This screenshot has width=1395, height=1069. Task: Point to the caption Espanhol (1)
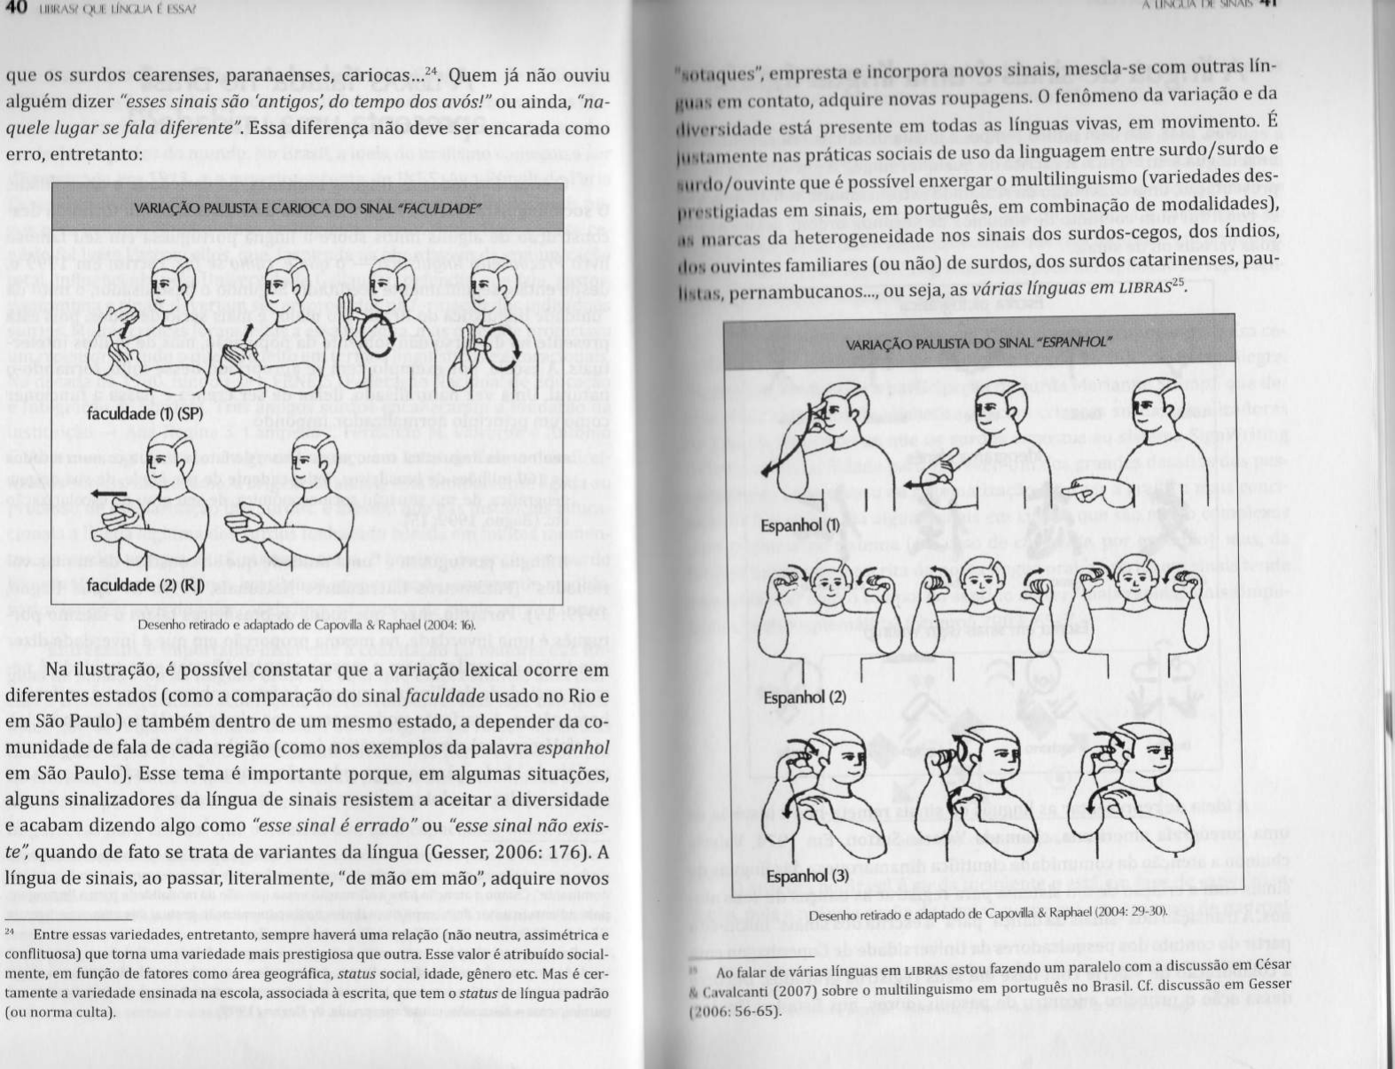800,525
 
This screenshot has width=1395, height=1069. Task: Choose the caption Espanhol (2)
804,697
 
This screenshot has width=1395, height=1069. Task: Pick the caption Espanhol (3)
807,876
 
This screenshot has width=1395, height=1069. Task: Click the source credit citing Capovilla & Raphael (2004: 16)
307,624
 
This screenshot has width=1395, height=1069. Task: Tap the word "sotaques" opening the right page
712,72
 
